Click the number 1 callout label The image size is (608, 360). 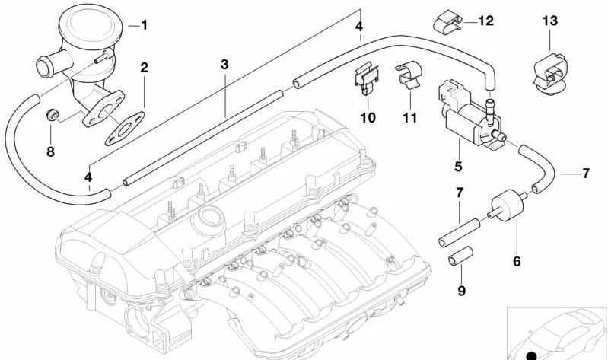coord(144,24)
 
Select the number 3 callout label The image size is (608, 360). coord(224,64)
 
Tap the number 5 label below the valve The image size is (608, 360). coord(458,164)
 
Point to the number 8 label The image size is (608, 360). coord(50,151)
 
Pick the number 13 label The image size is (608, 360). coord(550,21)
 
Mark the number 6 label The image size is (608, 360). coord(516,263)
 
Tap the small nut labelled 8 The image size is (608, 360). coord(53,115)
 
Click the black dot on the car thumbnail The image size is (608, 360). coord(531,355)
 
